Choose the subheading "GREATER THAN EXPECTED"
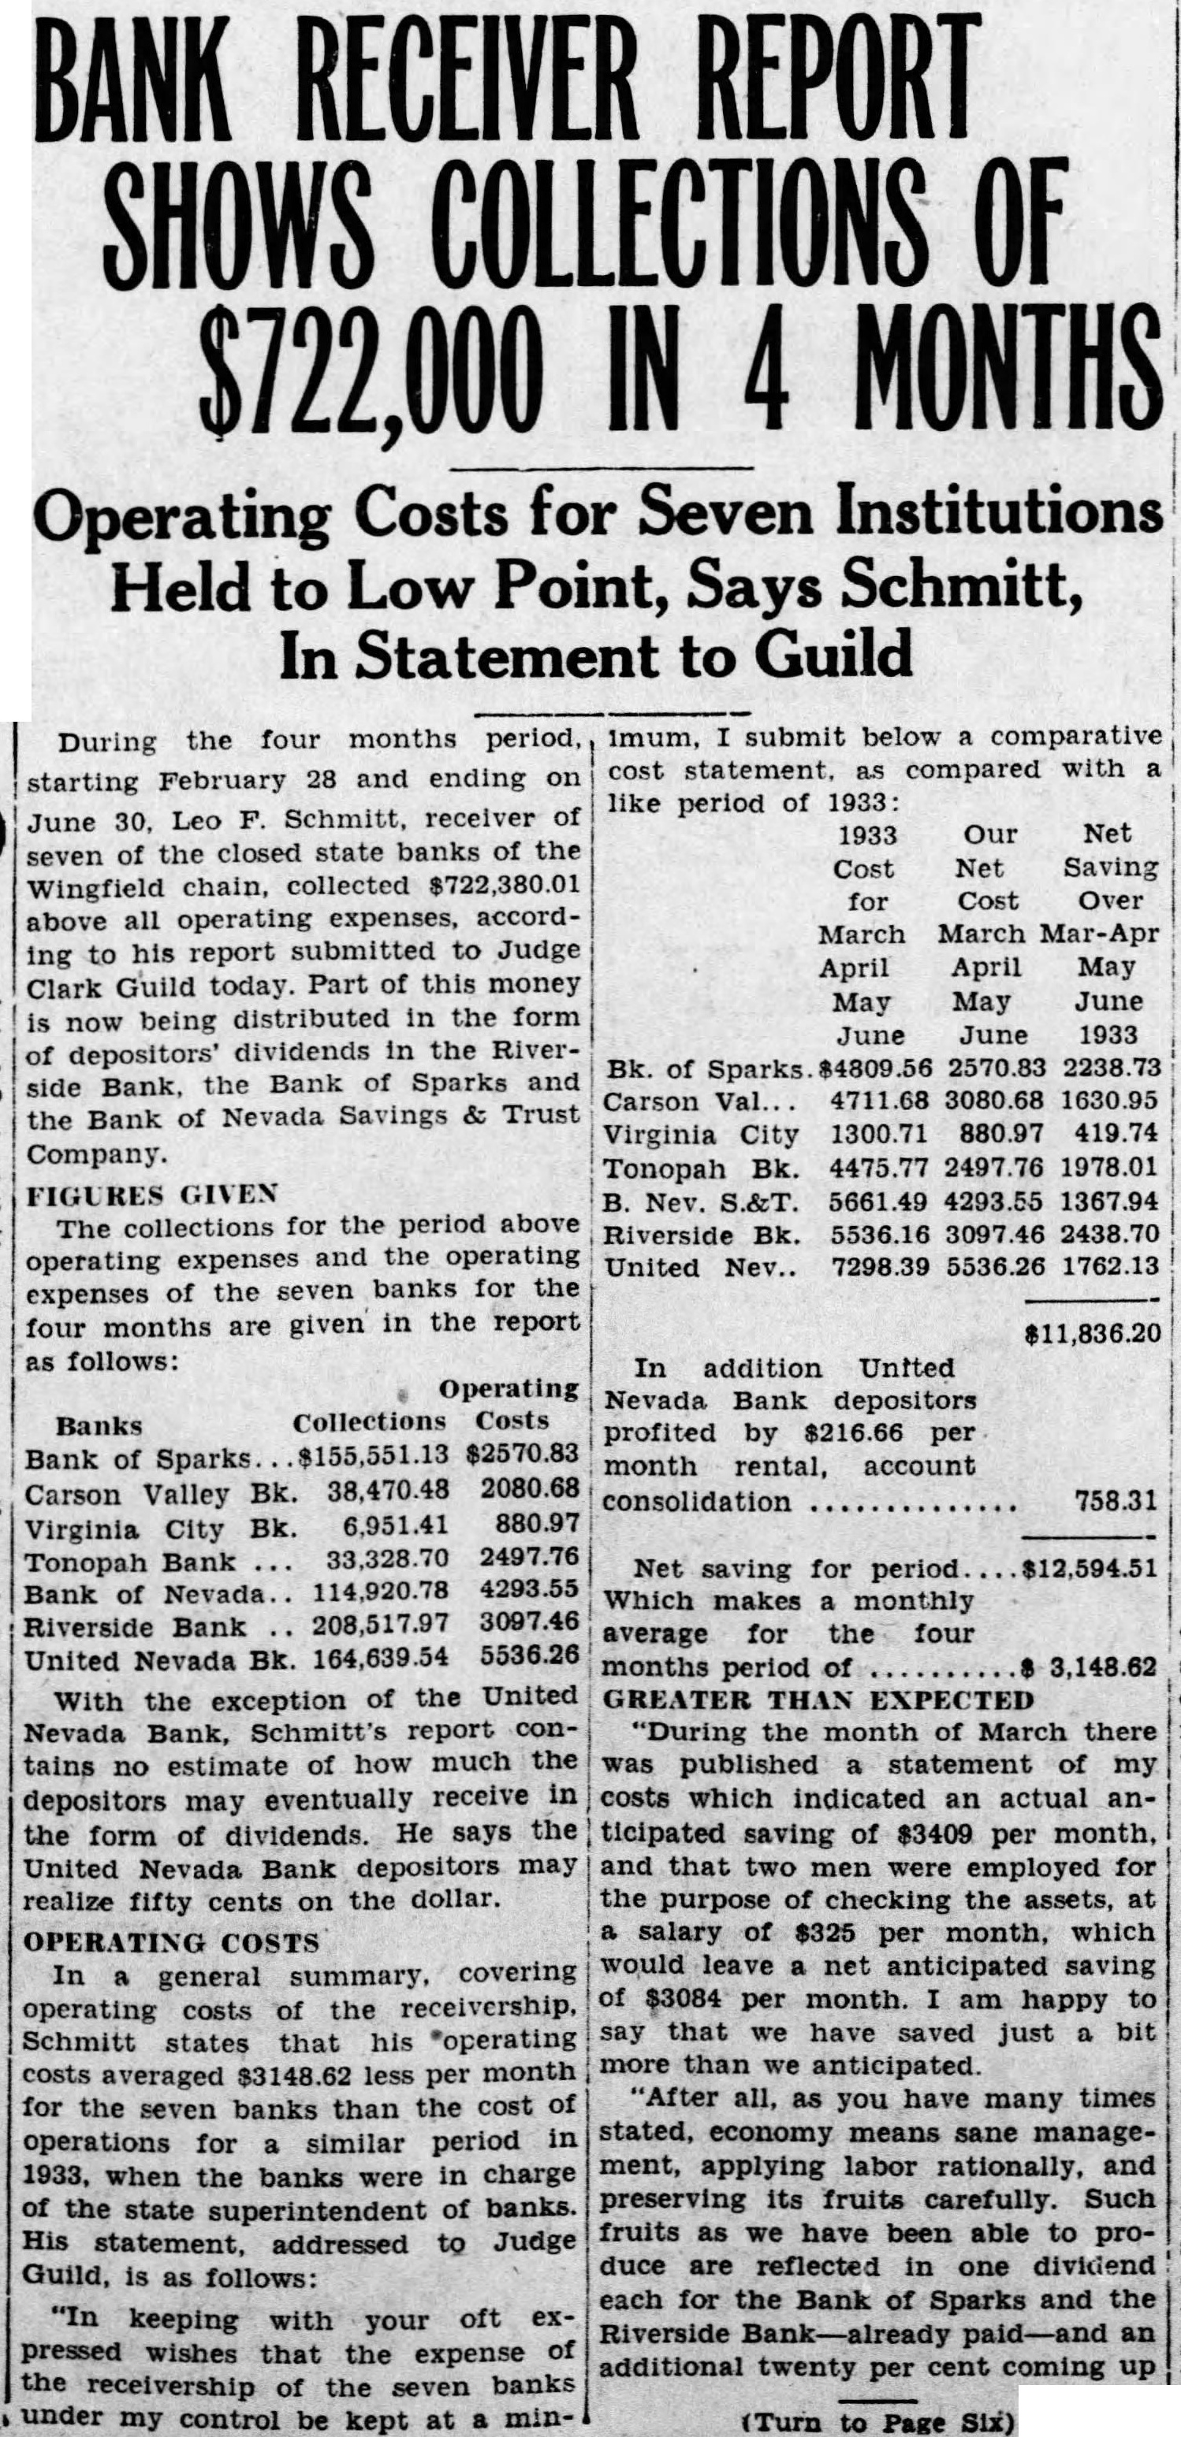(x=818, y=1700)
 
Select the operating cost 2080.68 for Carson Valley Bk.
(x=529, y=1492)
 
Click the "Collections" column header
(x=369, y=1424)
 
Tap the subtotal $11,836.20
(x=1092, y=1333)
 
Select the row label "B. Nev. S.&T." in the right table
(x=700, y=1202)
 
